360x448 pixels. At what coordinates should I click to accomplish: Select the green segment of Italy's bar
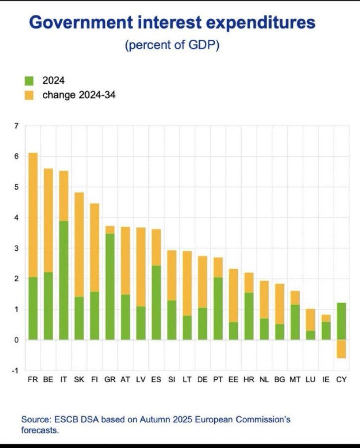coord(64,280)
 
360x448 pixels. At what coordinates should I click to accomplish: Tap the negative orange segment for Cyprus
coord(341,349)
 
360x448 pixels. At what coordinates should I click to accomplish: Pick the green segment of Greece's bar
coord(110,287)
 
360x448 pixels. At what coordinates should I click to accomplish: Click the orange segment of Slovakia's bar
coord(79,244)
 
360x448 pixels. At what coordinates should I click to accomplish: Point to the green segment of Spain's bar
coord(156,303)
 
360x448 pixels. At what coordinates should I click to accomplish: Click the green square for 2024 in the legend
coord(29,80)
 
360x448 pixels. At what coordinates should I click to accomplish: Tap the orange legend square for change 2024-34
coord(29,95)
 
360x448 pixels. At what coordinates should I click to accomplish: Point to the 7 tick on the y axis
coord(16,126)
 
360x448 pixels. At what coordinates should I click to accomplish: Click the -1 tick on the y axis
coord(15,371)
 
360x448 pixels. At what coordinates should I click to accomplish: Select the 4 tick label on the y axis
coord(16,218)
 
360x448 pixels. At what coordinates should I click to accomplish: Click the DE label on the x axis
coord(202,380)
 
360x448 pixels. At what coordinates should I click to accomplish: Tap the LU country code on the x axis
coord(310,380)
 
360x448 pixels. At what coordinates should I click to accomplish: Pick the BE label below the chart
coord(48,380)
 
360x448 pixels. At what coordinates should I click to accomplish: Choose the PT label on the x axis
coord(218,380)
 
